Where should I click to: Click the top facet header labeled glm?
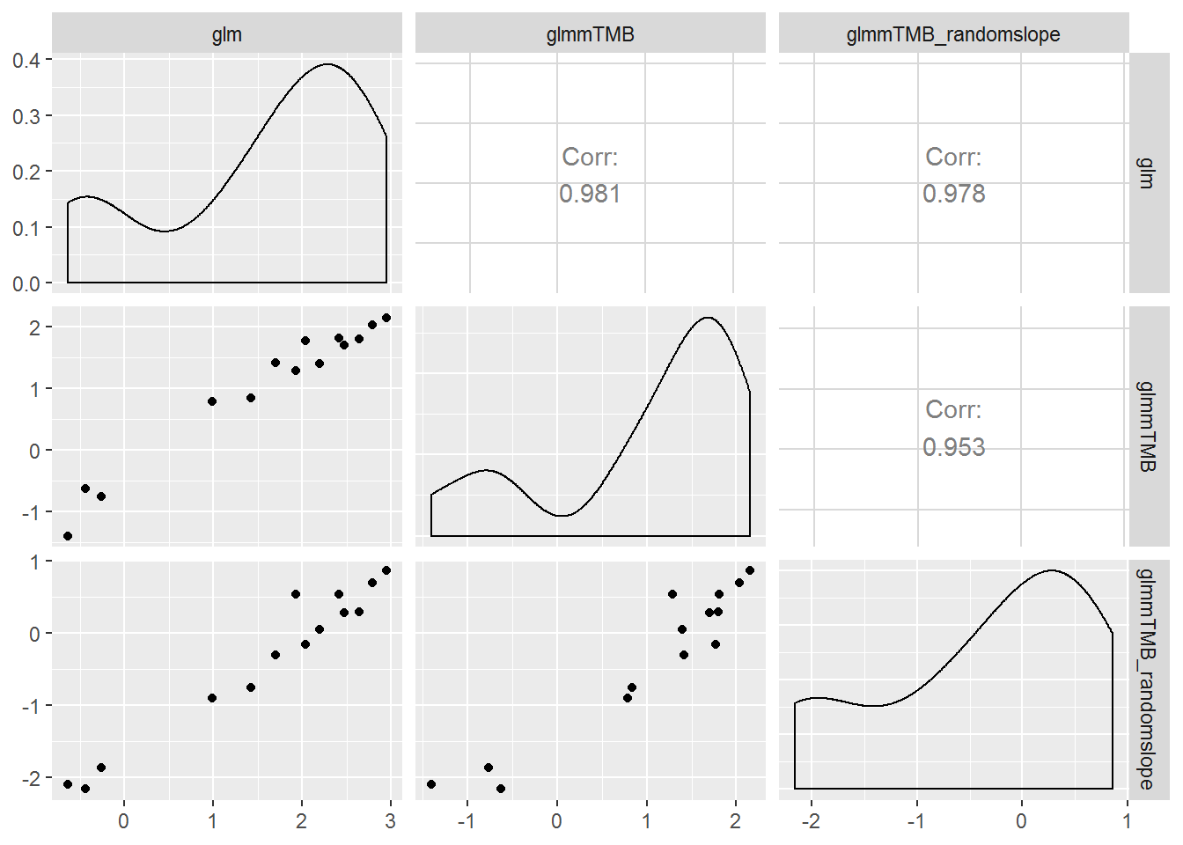pos(227,34)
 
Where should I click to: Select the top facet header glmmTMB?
pos(590,34)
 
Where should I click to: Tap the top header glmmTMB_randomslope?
pos(953,34)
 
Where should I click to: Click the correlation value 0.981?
pos(590,194)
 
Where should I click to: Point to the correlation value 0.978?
pos(953,194)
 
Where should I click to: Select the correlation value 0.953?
pos(953,447)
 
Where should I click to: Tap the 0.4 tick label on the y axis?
pos(26,60)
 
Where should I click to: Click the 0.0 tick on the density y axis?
pos(26,283)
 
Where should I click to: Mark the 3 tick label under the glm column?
pos(391,821)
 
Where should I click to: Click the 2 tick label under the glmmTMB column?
pos(736,821)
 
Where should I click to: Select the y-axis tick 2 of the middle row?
pos(35,327)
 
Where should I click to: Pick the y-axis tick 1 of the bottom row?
pos(35,562)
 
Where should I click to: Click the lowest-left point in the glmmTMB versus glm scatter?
pos(68,536)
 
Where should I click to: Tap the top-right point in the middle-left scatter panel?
pos(386,318)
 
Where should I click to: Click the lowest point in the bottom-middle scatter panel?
pos(501,789)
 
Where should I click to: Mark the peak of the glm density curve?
pos(327,64)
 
